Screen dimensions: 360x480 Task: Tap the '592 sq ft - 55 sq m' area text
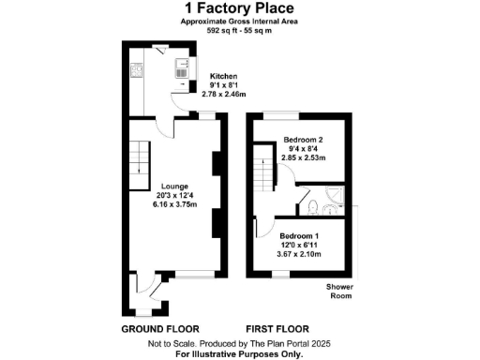[240, 30]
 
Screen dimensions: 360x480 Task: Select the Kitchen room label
[223, 76]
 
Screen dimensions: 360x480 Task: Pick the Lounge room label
[174, 186]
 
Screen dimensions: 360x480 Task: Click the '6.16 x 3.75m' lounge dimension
[175, 204]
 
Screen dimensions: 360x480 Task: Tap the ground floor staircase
[139, 156]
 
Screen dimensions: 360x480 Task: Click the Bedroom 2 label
[303, 140]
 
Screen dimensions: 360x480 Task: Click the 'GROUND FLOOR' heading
[160, 330]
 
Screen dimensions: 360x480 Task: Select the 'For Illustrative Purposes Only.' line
[240, 353]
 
